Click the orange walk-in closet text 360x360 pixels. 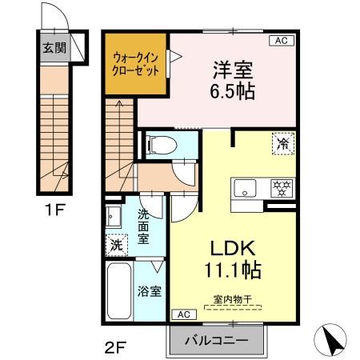136,63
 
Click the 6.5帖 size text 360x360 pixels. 232,90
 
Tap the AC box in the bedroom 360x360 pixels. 282,40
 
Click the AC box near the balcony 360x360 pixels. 181,313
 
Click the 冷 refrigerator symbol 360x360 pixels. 282,144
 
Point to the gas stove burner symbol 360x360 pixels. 281,189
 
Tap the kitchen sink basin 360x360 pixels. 244,189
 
